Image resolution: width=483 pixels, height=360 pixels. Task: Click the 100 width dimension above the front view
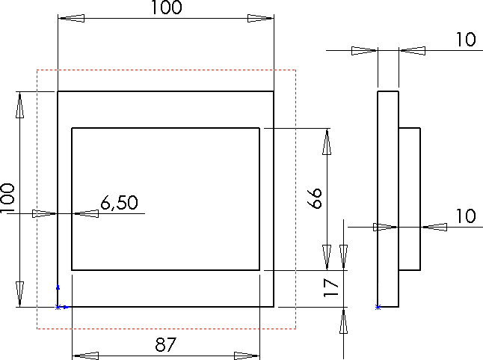click(166, 8)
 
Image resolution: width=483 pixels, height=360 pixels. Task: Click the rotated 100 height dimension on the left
click(8, 199)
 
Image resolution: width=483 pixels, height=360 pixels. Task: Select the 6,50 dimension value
click(118, 203)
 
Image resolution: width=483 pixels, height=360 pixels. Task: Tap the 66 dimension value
click(316, 198)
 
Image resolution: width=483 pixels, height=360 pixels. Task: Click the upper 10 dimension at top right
click(465, 40)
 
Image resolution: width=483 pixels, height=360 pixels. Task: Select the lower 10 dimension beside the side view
click(465, 216)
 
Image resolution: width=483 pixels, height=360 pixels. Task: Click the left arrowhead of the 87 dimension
click(84, 356)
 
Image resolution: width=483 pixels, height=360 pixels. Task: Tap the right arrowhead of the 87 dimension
click(247, 356)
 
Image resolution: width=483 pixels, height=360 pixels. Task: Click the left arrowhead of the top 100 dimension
click(70, 18)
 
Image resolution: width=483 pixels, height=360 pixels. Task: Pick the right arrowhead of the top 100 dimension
click(261, 18)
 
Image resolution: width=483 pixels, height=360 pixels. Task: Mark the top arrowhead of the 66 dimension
click(326, 141)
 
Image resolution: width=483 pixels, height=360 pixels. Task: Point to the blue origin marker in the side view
click(378, 307)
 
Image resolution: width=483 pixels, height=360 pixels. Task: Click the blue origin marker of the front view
click(58, 307)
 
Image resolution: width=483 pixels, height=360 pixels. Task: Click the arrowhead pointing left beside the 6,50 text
click(87, 214)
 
